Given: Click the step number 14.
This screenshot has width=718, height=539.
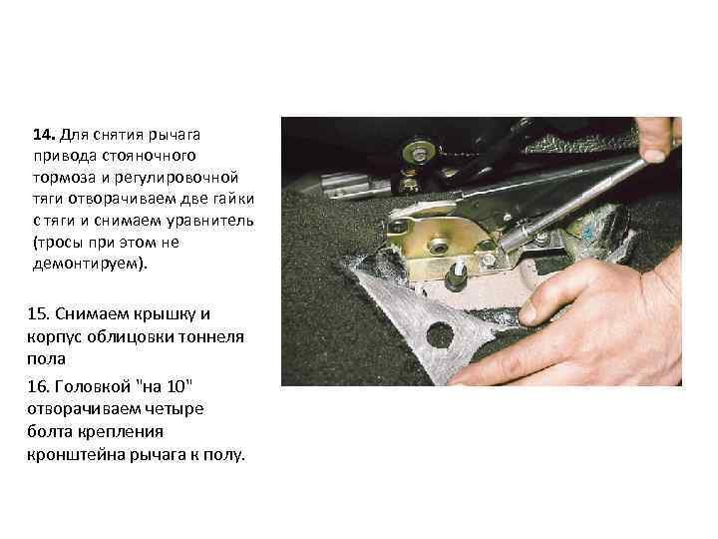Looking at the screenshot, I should click(44, 134).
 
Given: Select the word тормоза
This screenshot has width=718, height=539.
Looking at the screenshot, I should click(66, 177).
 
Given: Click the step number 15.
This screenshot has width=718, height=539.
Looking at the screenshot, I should click(44, 313).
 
